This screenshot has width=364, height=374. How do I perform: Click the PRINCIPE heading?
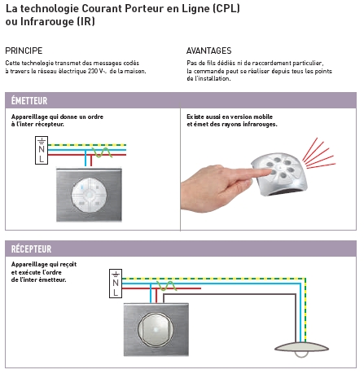click(x=24, y=51)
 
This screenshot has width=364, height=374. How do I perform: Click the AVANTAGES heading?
click(x=208, y=51)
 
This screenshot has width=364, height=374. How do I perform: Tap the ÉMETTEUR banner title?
click(x=29, y=100)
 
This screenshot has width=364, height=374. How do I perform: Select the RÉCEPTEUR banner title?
click(x=31, y=249)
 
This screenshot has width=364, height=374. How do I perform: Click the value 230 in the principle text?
click(x=92, y=71)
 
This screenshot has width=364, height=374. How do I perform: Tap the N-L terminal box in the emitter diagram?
click(x=42, y=150)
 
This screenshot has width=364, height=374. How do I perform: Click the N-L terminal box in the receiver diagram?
click(x=116, y=284)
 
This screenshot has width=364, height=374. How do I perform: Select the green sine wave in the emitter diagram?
click(x=102, y=152)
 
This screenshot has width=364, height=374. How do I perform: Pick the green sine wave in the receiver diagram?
click(x=166, y=286)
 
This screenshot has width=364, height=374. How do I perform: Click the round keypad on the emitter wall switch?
click(x=89, y=195)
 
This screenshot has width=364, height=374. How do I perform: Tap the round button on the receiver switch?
click(x=156, y=329)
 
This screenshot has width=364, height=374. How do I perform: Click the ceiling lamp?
click(x=301, y=349)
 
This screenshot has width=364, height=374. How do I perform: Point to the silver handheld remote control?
click(x=279, y=174)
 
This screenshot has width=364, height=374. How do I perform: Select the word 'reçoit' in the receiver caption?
click(x=68, y=264)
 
